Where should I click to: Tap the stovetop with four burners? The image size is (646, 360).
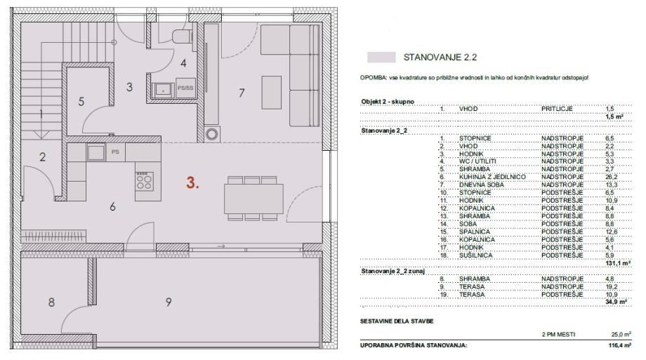tap(144, 181)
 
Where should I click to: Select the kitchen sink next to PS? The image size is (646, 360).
tap(96, 152)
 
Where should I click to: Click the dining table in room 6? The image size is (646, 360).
tap(253, 199)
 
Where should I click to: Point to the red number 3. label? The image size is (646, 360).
tap(192, 183)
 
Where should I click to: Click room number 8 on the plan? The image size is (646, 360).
tap(51, 302)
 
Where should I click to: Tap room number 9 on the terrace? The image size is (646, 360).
tap(169, 302)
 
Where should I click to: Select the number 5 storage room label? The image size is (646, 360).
tap(81, 101)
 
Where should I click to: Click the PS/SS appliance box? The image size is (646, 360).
tap(185, 88)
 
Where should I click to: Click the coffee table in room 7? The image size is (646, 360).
tap(272, 92)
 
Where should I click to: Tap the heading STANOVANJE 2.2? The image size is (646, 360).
tap(440, 58)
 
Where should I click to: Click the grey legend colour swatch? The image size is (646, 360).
tap(381, 58)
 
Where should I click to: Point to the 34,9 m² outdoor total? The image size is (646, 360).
tap(617, 302)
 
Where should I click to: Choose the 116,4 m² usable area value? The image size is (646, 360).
tap(619, 345)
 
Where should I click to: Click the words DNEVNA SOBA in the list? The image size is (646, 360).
tap(482, 185)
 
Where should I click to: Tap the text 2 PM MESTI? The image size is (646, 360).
tap(558, 335)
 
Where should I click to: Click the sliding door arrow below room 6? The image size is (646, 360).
tap(221, 246)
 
